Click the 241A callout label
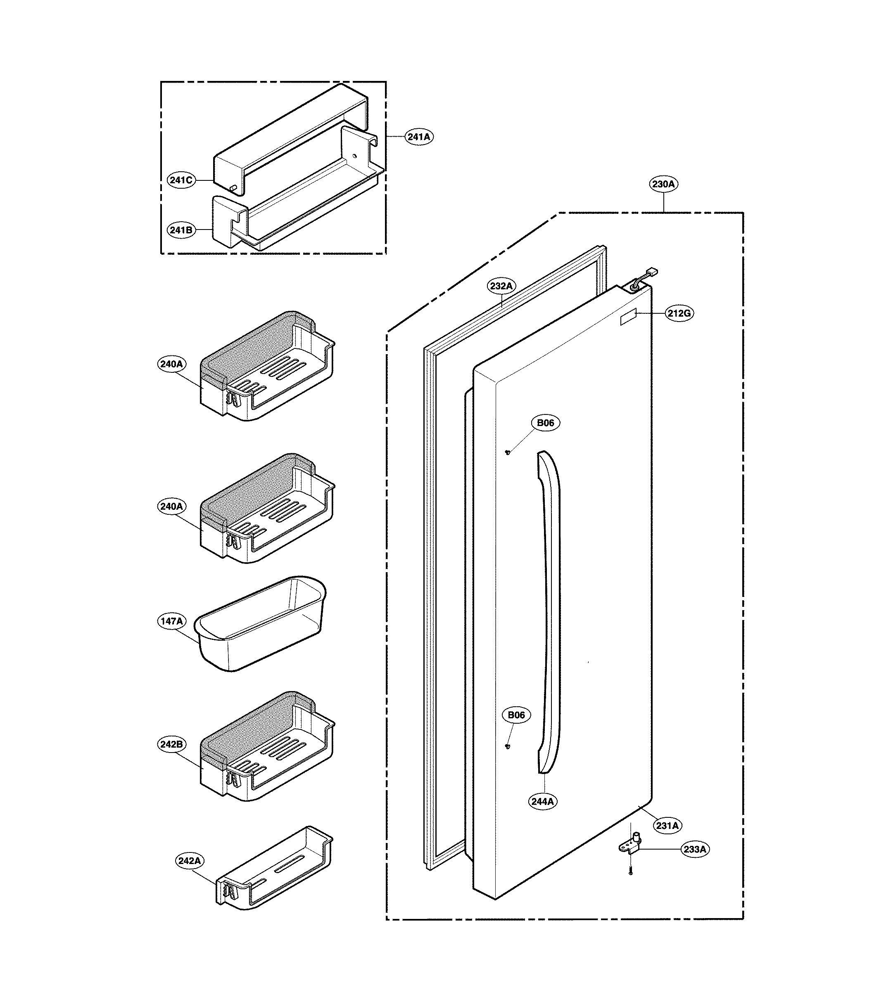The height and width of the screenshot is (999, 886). (419, 137)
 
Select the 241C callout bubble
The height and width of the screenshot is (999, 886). (181, 180)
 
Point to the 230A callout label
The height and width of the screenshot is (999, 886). (663, 184)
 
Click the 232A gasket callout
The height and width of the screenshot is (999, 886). (501, 286)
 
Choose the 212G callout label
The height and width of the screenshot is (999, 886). (679, 313)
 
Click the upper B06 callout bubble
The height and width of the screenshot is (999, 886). (545, 423)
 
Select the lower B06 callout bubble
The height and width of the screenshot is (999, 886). (516, 715)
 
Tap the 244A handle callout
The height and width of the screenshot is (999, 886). (543, 802)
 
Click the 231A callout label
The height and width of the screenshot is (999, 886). (667, 826)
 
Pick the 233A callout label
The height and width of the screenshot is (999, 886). (695, 850)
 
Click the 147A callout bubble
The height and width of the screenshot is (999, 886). (172, 621)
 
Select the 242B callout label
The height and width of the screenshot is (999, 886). (172, 744)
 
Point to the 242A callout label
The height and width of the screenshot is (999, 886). (189, 861)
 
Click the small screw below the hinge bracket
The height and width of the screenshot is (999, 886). (631, 871)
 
